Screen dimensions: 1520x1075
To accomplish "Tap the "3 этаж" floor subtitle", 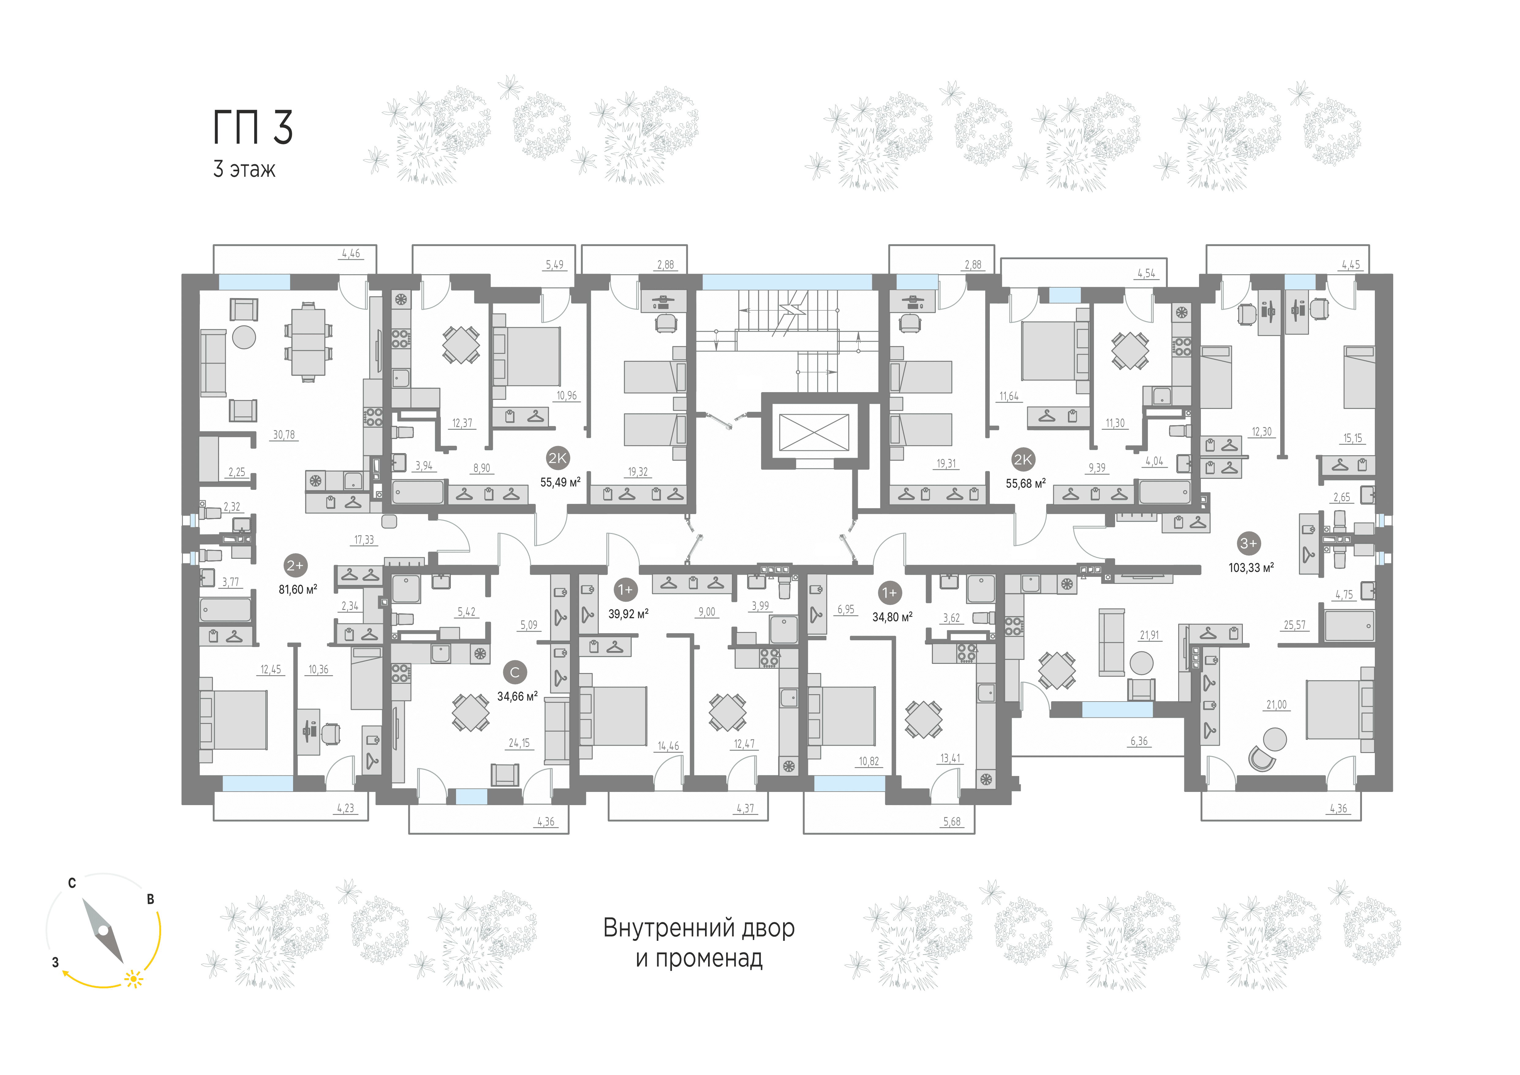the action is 243,169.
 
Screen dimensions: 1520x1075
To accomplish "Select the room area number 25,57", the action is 1295,625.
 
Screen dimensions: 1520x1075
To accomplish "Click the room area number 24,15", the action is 519,743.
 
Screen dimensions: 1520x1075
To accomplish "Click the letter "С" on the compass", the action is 72,883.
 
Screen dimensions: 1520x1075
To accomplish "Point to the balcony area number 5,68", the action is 951,821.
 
